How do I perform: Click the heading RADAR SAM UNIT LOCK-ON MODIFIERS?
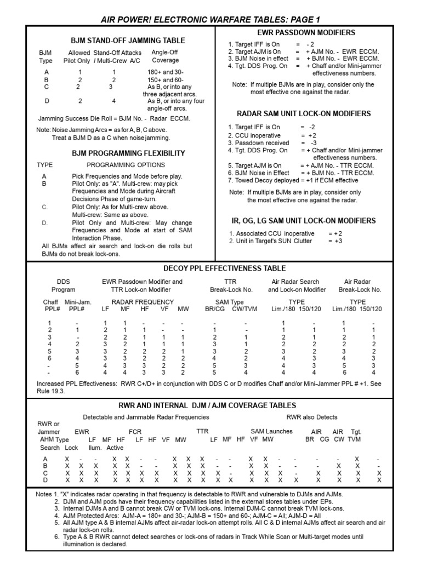[304, 114]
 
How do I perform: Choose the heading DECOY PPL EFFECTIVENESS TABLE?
[225, 268]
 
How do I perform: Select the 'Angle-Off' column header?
[165, 53]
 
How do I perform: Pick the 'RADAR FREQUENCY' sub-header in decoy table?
[143, 302]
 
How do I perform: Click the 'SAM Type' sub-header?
[229, 302]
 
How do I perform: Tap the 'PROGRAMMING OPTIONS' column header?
[126, 165]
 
